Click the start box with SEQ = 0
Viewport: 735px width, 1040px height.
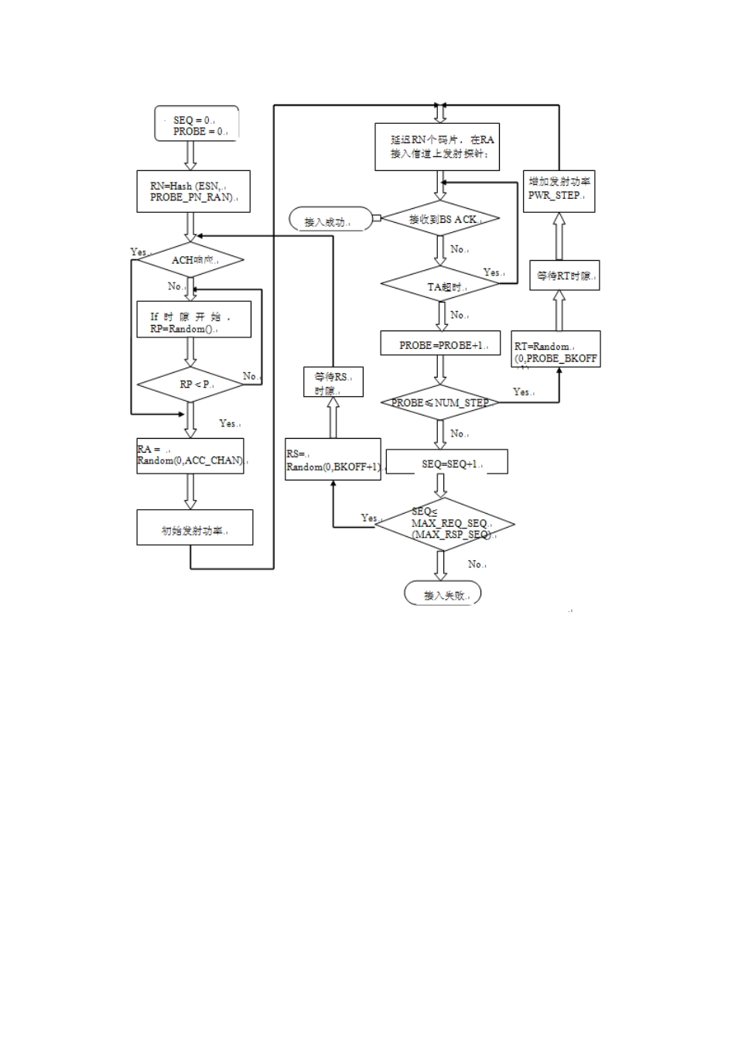point(197,124)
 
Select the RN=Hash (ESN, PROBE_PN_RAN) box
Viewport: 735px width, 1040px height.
point(193,191)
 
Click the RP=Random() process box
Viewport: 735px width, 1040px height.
point(193,320)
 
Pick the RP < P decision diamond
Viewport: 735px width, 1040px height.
point(190,385)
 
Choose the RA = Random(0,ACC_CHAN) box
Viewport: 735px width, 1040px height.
point(190,456)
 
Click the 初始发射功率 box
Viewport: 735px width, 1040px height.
point(195,528)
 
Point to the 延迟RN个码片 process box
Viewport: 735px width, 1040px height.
point(437,147)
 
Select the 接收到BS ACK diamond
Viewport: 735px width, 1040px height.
point(442,219)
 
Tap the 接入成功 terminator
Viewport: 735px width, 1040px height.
point(331,220)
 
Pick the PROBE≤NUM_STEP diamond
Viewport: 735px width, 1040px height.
point(441,402)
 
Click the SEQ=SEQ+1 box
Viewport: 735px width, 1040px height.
point(447,462)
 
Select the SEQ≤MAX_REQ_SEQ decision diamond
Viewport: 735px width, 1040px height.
point(445,524)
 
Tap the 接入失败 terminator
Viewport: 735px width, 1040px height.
point(443,594)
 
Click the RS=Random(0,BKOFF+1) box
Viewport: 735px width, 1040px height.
point(333,459)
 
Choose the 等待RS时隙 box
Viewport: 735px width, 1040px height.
point(333,382)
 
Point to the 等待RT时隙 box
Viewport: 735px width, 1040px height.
point(564,275)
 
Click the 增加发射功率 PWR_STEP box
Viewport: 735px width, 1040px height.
point(559,190)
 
